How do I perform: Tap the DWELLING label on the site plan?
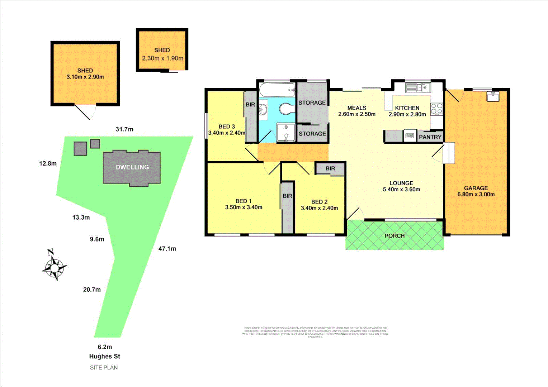(132, 167)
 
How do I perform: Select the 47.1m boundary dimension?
(167, 249)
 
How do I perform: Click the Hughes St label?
(104, 356)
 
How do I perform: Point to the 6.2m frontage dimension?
(105, 347)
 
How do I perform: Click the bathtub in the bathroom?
(277, 90)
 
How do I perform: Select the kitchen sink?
(418, 87)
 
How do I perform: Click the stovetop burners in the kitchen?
(436, 109)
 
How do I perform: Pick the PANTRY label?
(430, 137)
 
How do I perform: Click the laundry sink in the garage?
(492, 96)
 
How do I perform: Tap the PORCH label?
(395, 236)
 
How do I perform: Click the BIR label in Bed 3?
(250, 105)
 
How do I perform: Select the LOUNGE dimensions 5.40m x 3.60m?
(401, 190)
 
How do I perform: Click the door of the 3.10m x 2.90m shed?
(85, 111)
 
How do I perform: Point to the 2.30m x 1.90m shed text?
(162, 58)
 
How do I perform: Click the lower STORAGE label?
(312, 134)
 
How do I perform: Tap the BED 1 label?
(244, 201)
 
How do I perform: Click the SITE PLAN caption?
(104, 367)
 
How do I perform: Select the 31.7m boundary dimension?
(124, 129)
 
